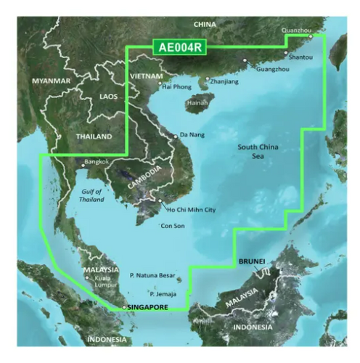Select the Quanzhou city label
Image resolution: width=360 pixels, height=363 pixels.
[296, 30]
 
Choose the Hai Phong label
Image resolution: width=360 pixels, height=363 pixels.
[178, 87]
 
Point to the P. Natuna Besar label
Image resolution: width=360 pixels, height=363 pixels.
[153, 276]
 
